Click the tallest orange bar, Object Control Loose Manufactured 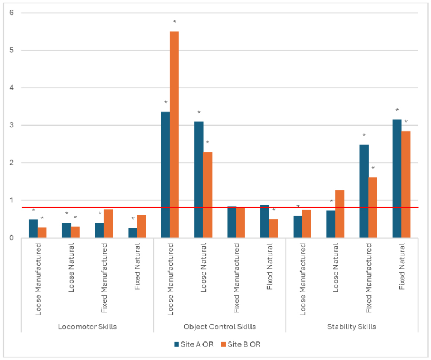[x=174, y=134]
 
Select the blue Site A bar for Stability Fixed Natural [x=397, y=178]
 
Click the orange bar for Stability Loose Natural [x=340, y=214]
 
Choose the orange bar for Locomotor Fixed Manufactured [x=108, y=223]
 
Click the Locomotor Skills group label [x=87, y=327]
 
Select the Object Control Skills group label [x=219, y=327]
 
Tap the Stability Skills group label [x=351, y=327]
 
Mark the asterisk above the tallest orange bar [x=174, y=22]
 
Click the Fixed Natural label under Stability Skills [x=401, y=267]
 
